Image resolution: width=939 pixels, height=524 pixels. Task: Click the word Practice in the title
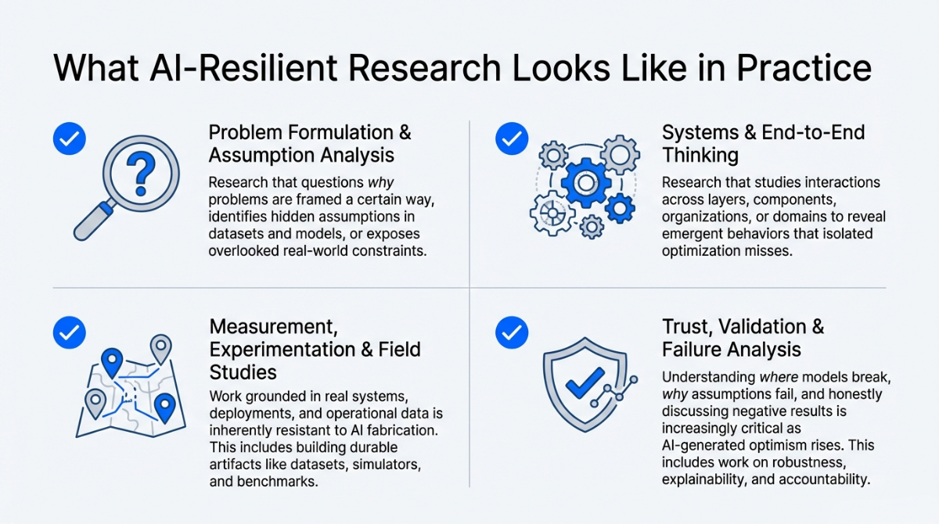tap(804, 68)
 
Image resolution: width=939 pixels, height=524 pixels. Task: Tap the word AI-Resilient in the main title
tap(243, 68)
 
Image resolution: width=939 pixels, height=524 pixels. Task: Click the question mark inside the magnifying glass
tap(141, 174)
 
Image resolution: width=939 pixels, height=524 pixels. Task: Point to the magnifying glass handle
tap(93, 221)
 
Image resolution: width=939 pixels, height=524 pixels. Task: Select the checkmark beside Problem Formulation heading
tap(70, 138)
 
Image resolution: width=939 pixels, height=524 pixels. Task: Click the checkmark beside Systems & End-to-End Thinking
tap(512, 138)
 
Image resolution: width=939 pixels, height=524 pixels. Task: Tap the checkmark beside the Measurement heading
tap(70, 332)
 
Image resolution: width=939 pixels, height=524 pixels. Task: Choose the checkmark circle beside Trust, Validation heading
tap(512, 332)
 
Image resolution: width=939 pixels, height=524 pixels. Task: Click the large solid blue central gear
tap(585, 183)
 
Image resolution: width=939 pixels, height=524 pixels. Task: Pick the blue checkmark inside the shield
tap(585, 383)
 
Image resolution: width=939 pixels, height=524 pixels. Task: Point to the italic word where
tap(779, 378)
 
